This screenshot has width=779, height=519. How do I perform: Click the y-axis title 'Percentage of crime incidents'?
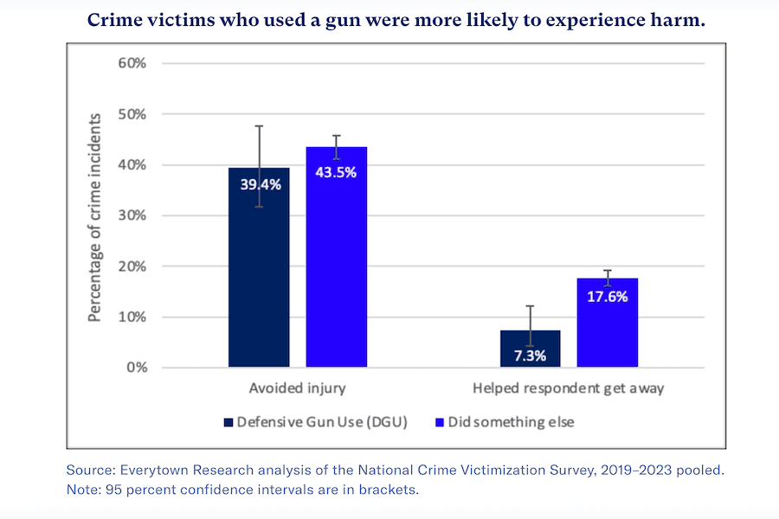pos(95,216)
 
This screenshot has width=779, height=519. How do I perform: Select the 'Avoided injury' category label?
pos(297,388)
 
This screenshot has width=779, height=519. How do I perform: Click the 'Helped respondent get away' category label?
pos(568,388)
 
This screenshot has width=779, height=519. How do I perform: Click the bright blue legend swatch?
pos(440,422)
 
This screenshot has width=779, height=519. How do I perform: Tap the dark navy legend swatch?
pos(229,422)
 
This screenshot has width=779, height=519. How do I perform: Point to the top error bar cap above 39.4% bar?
pos(259,126)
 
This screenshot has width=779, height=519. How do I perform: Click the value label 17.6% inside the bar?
pos(607,296)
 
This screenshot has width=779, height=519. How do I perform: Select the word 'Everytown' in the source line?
pos(151,471)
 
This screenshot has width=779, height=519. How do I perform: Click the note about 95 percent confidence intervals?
pos(241,490)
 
